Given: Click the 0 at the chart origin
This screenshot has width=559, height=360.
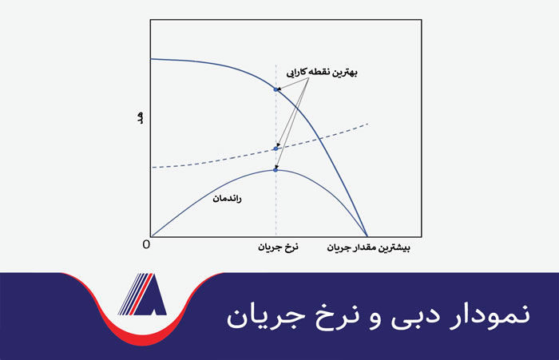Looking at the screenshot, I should (146, 243).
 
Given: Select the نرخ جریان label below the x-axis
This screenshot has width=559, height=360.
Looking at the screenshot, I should (276, 247).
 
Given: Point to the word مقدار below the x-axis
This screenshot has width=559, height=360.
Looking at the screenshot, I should (365, 247).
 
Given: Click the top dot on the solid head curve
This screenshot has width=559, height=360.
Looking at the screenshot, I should (276, 89).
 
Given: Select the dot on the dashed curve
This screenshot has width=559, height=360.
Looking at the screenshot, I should (276, 148).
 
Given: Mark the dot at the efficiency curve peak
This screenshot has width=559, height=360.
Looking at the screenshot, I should (276, 169).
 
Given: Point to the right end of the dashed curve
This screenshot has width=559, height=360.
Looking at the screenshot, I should (367, 124).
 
